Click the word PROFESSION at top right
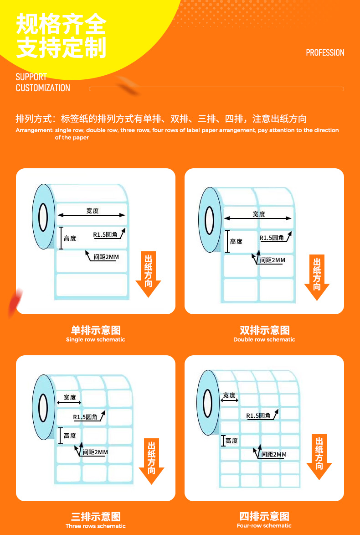[325, 52]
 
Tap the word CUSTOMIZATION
[43, 88]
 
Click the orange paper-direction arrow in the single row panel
[148, 274]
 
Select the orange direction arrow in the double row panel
[317, 277]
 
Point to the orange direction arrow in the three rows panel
[151, 461]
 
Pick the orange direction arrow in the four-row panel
[319, 457]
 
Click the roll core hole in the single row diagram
[43, 217]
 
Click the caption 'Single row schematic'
[95, 339]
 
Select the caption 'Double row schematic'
[264, 339]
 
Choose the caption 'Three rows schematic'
[95, 526]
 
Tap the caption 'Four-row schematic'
[264, 526]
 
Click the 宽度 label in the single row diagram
[93, 211]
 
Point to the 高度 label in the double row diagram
[236, 242]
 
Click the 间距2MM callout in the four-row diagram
[274, 454]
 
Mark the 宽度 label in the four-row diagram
[229, 395]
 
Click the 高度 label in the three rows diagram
[70, 436]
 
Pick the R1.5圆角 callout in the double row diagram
[272, 238]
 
